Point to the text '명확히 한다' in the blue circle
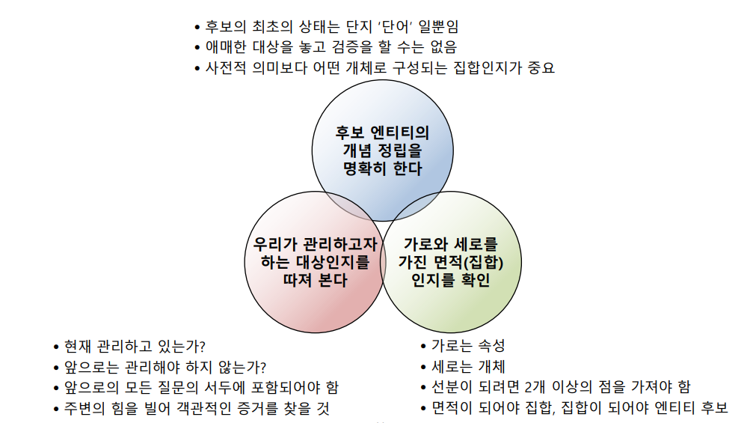(x=382, y=168)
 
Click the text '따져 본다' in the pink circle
(x=315, y=281)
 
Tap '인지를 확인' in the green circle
(x=450, y=281)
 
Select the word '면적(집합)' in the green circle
(x=468, y=263)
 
